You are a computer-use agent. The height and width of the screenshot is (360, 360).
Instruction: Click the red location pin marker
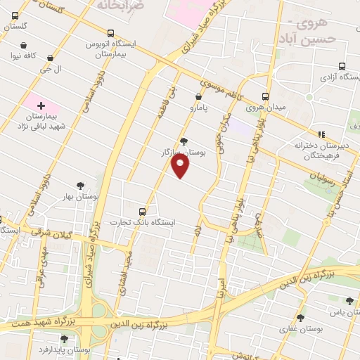[181, 165]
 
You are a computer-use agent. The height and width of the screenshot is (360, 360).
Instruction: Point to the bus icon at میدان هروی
[265, 97]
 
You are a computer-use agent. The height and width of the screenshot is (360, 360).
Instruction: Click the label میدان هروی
[264, 108]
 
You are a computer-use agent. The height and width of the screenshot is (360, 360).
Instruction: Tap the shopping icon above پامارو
[198, 96]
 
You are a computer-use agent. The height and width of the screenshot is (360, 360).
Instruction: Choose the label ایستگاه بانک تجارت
[146, 222]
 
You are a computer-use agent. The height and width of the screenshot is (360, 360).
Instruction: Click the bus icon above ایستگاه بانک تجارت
[143, 211]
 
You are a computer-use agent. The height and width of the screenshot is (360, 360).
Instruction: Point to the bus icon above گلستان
[15, 15]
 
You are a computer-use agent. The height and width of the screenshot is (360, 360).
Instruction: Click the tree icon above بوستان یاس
[349, 301]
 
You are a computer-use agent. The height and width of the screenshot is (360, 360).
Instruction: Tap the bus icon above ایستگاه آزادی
[339, 63]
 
